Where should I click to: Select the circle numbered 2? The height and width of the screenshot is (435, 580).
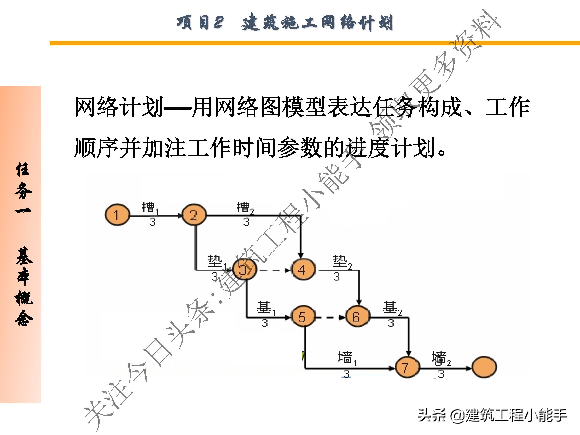tap(194, 215)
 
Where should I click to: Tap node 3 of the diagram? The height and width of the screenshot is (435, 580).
tap(245, 270)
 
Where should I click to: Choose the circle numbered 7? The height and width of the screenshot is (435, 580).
tap(407, 367)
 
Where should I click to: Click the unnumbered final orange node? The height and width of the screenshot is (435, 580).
tap(484, 367)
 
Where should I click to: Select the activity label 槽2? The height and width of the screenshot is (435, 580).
tap(245, 208)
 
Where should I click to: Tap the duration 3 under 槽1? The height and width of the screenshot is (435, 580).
tap(152, 222)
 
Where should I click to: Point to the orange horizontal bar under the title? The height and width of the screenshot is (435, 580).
tap(315, 43)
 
